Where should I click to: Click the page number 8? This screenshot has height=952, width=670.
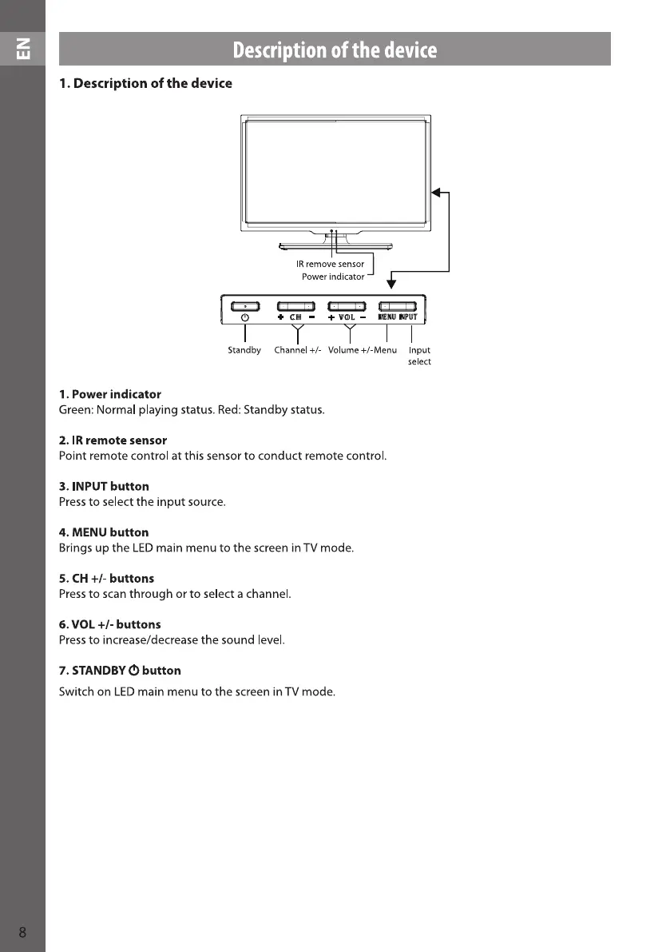(x=22, y=932)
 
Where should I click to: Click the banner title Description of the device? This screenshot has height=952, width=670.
(x=335, y=50)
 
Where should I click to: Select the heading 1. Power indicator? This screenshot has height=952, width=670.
(x=110, y=395)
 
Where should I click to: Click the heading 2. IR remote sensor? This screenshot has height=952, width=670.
(x=113, y=440)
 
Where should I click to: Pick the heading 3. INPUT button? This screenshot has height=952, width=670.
(x=104, y=486)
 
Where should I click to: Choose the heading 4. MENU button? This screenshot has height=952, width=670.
(x=104, y=532)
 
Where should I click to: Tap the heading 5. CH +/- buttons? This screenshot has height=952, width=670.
(x=106, y=578)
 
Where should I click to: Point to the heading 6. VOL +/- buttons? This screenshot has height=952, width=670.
(x=109, y=624)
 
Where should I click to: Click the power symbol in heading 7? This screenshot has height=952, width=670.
(x=134, y=670)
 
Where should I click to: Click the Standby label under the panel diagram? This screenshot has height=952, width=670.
(x=244, y=350)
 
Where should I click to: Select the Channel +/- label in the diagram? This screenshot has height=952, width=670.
(x=297, y=350)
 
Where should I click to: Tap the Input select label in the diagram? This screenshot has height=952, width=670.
(x=419, y=356)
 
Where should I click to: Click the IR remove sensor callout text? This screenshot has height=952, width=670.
(x=330, y=264)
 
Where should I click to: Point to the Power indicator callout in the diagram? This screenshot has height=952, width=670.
(x=332, y=277)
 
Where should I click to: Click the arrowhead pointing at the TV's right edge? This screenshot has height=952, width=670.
(x=436, y=192)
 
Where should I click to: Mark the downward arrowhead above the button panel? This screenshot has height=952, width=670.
(x=391, y=284)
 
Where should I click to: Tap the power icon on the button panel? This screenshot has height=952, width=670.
(x=245, y=317)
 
